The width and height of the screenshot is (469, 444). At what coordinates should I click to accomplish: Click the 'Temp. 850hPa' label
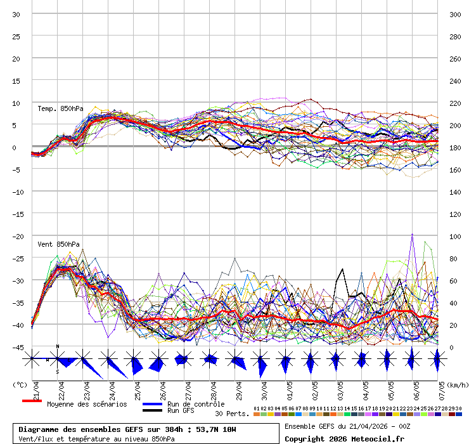coord(60,108)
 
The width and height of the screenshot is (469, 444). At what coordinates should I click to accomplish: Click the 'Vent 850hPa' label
coord(58,244)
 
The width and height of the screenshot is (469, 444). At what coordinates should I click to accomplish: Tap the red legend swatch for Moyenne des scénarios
coord(32,401)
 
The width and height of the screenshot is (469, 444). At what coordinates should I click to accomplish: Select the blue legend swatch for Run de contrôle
coord(152,404)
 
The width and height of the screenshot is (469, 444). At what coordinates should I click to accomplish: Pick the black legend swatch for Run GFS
coord(152,411)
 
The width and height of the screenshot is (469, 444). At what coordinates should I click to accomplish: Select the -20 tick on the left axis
coord(16,236)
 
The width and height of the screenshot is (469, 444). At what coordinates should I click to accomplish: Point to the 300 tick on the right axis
coord(455,14)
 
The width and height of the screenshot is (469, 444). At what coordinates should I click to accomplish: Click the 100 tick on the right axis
coord(455,236)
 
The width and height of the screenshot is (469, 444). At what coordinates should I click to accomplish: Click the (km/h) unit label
coord(456,384)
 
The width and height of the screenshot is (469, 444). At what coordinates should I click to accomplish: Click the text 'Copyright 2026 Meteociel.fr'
coord(344,438)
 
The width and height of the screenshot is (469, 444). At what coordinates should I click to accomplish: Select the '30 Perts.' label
coord(232,414)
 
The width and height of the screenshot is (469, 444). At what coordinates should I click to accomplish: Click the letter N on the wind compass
coord(58,346)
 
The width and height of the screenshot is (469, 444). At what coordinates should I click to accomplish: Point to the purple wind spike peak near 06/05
coord(412,234)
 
